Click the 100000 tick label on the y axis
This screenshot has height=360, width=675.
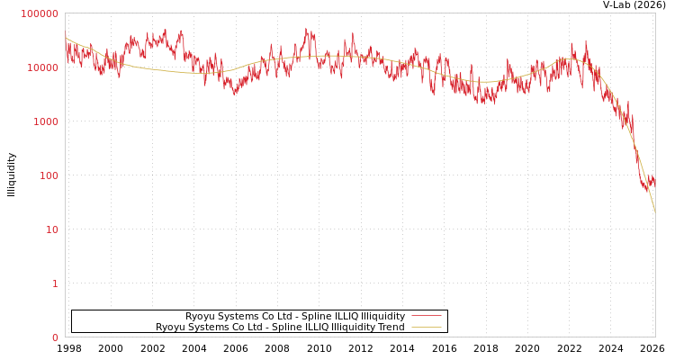(40, 13)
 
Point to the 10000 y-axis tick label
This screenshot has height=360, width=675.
(42, 67)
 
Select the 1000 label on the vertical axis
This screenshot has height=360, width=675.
(45, 121)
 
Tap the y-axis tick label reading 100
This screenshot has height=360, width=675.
(48, 175)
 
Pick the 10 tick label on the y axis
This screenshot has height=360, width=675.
(51, 229)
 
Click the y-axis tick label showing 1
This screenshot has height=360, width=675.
(55, 283)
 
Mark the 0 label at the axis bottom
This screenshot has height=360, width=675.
(55, 337)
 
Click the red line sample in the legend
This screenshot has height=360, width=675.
(426, 317)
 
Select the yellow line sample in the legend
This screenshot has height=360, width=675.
(426, 328)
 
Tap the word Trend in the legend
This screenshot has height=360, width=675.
(391, 328)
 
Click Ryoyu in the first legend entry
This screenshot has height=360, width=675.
(201, 317)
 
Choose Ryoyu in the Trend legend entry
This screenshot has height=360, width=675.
(171, 328)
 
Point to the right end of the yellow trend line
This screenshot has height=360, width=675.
(655, 212)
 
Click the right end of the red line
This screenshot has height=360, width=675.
(655, 181)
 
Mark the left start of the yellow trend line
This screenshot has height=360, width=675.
(66, 39)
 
